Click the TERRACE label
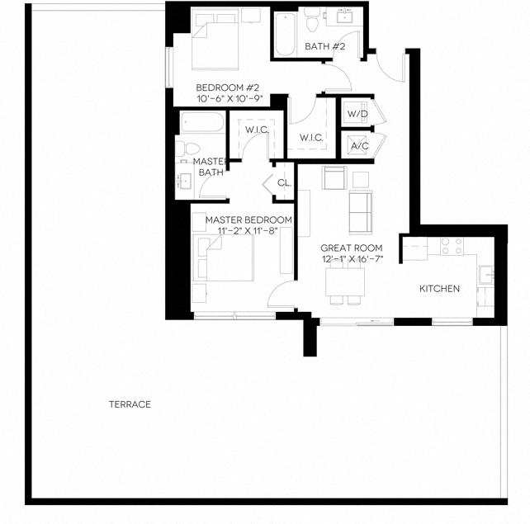[130, 404]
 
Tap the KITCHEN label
[439, 288]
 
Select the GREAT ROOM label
[351, 248]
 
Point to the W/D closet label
[357, 113]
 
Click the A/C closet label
[359, 146]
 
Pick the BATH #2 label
[324, 46]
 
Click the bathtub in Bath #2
[286, 35]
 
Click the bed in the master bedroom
[223, 259]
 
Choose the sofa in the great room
[361, 211]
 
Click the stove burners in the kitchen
[451, 246]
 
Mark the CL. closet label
[284, 183]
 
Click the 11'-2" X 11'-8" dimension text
[248, 231]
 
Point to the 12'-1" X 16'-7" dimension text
[351, 259]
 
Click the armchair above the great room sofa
[334, 178]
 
